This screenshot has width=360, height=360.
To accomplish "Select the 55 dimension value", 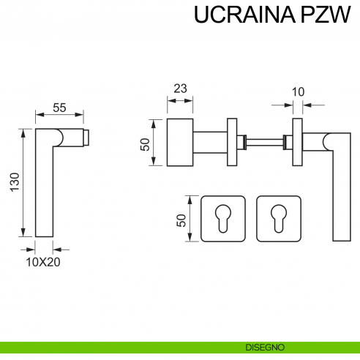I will [59, 108].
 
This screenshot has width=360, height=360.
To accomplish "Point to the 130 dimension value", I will [15, 184].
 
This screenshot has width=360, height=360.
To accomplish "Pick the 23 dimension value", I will [180, 88].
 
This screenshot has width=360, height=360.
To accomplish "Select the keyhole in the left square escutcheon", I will [221, 217].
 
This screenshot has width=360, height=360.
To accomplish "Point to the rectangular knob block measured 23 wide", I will [181, 141].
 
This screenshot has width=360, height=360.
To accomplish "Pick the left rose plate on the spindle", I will [233, 141].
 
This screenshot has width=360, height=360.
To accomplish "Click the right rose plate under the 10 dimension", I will [298, 141].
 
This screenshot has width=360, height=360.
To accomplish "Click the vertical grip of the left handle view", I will [44, 190].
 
